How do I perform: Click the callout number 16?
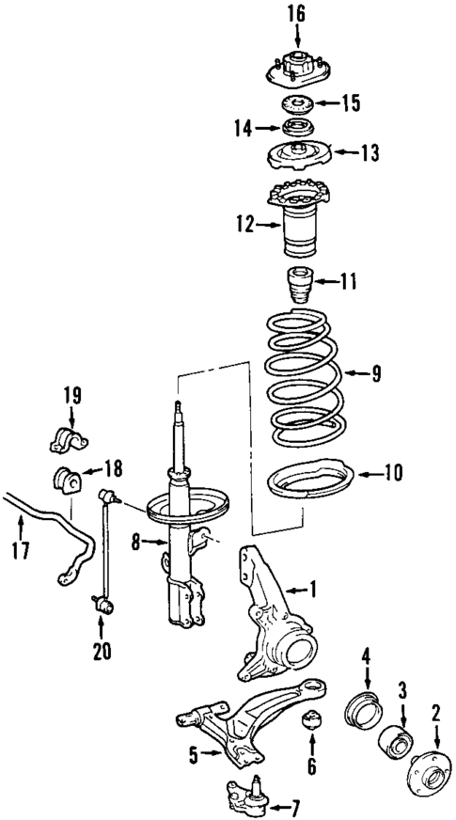coord(297,14)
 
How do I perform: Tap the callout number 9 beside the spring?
coord(376,374)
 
